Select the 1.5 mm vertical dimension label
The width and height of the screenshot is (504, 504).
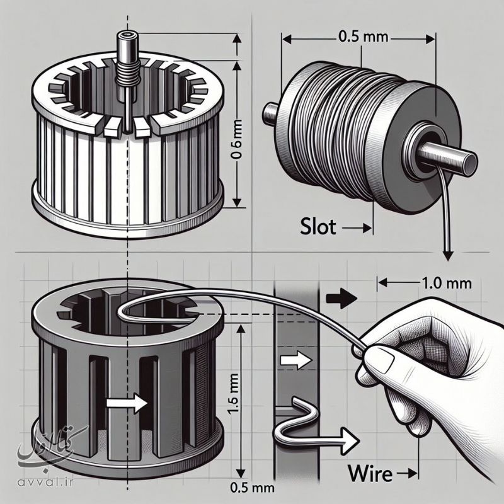[x=234, y=403]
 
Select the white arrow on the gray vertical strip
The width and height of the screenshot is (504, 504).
[x=295, y=361]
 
